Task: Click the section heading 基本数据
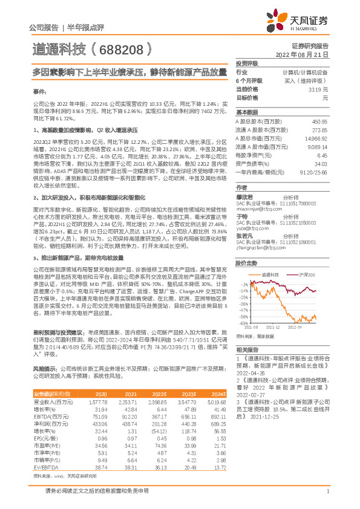pyautogui.click(x=246, y=112)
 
